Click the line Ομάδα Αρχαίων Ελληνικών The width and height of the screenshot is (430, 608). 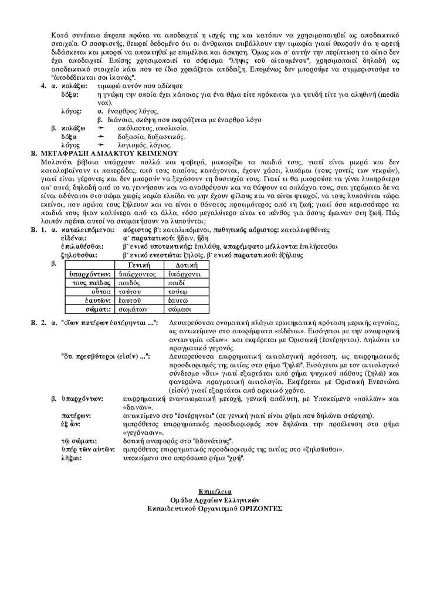(x=215, y=496)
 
